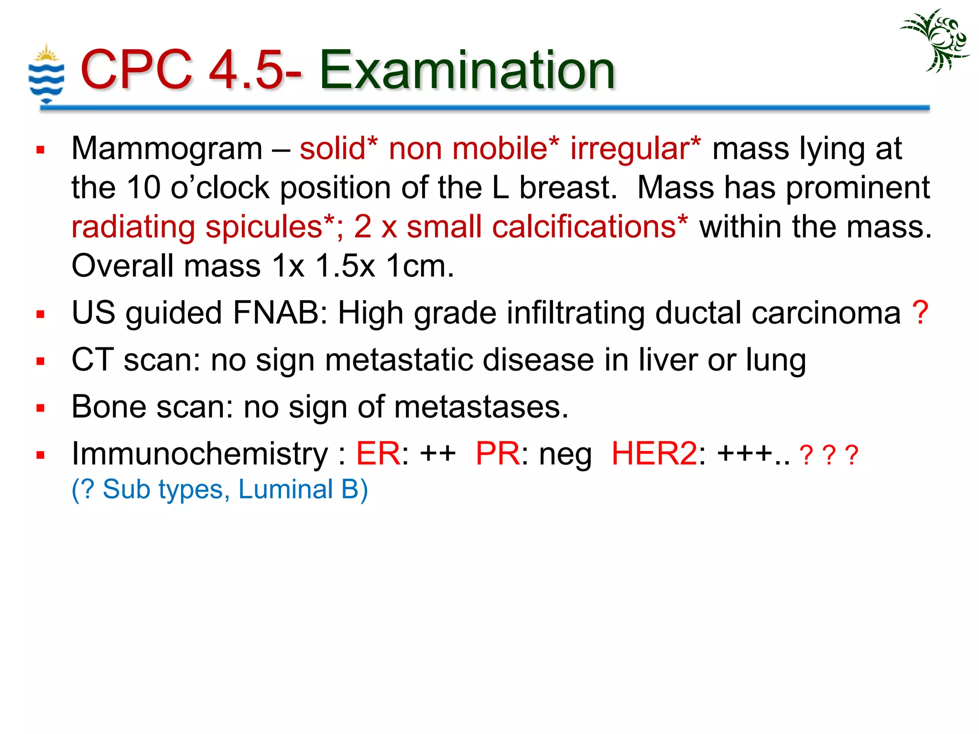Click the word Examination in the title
[467, 70]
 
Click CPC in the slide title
[136, 70]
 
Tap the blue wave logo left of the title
[46, 74]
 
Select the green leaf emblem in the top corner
[935, 41]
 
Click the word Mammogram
[167, 148]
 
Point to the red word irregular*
[635, 148]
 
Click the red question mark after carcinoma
[920, 313]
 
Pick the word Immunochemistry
[200, 453]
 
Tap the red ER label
[378, 453]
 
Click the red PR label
[497, 453]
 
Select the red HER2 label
[654, 453]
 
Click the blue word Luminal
[285, 489]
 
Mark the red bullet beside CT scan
[41, 361]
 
